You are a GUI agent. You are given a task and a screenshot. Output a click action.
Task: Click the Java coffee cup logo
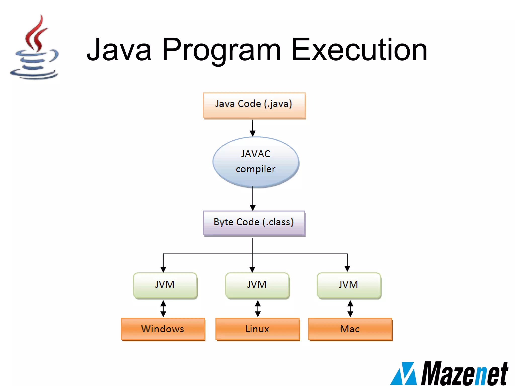tap(35, 48)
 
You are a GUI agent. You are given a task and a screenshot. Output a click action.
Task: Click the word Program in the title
tap(221, 50)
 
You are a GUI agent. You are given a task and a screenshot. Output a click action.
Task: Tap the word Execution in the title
tap(360, 50)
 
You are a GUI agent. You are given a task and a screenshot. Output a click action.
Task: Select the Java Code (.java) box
tap(254, 105)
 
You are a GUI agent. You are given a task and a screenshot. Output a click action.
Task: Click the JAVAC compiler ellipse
tap(256, 162)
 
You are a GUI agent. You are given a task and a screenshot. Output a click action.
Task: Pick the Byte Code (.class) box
tap(254, 223)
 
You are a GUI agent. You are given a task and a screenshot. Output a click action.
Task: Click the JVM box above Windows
tap(165, 285)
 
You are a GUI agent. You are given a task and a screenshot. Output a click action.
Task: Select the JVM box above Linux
tap(257, 285)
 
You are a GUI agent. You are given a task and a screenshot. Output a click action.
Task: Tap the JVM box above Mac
tap(349, 285)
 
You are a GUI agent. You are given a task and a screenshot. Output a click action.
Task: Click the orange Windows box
tap(163, 329)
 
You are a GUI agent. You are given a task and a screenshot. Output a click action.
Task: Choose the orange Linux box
tap(257, 329)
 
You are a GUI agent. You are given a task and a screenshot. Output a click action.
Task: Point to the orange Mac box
tap(350, 329)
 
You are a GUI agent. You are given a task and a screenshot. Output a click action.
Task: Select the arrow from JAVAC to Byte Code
tap(253, 199)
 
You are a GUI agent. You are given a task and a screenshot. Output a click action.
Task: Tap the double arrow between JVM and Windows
tap(163, 308)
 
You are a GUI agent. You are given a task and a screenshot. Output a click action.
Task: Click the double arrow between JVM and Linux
tap(257, 308)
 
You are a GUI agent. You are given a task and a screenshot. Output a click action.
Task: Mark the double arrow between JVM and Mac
tap(350, 308)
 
